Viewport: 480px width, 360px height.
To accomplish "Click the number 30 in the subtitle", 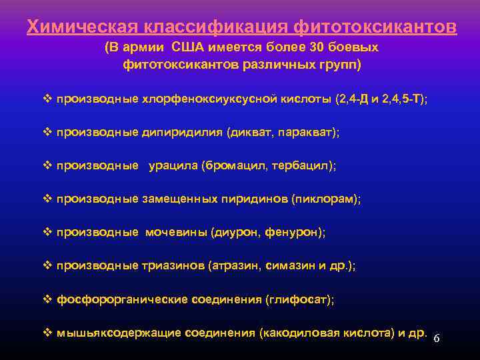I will [317, 48].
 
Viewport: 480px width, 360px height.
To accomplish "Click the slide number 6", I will [437, 339].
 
